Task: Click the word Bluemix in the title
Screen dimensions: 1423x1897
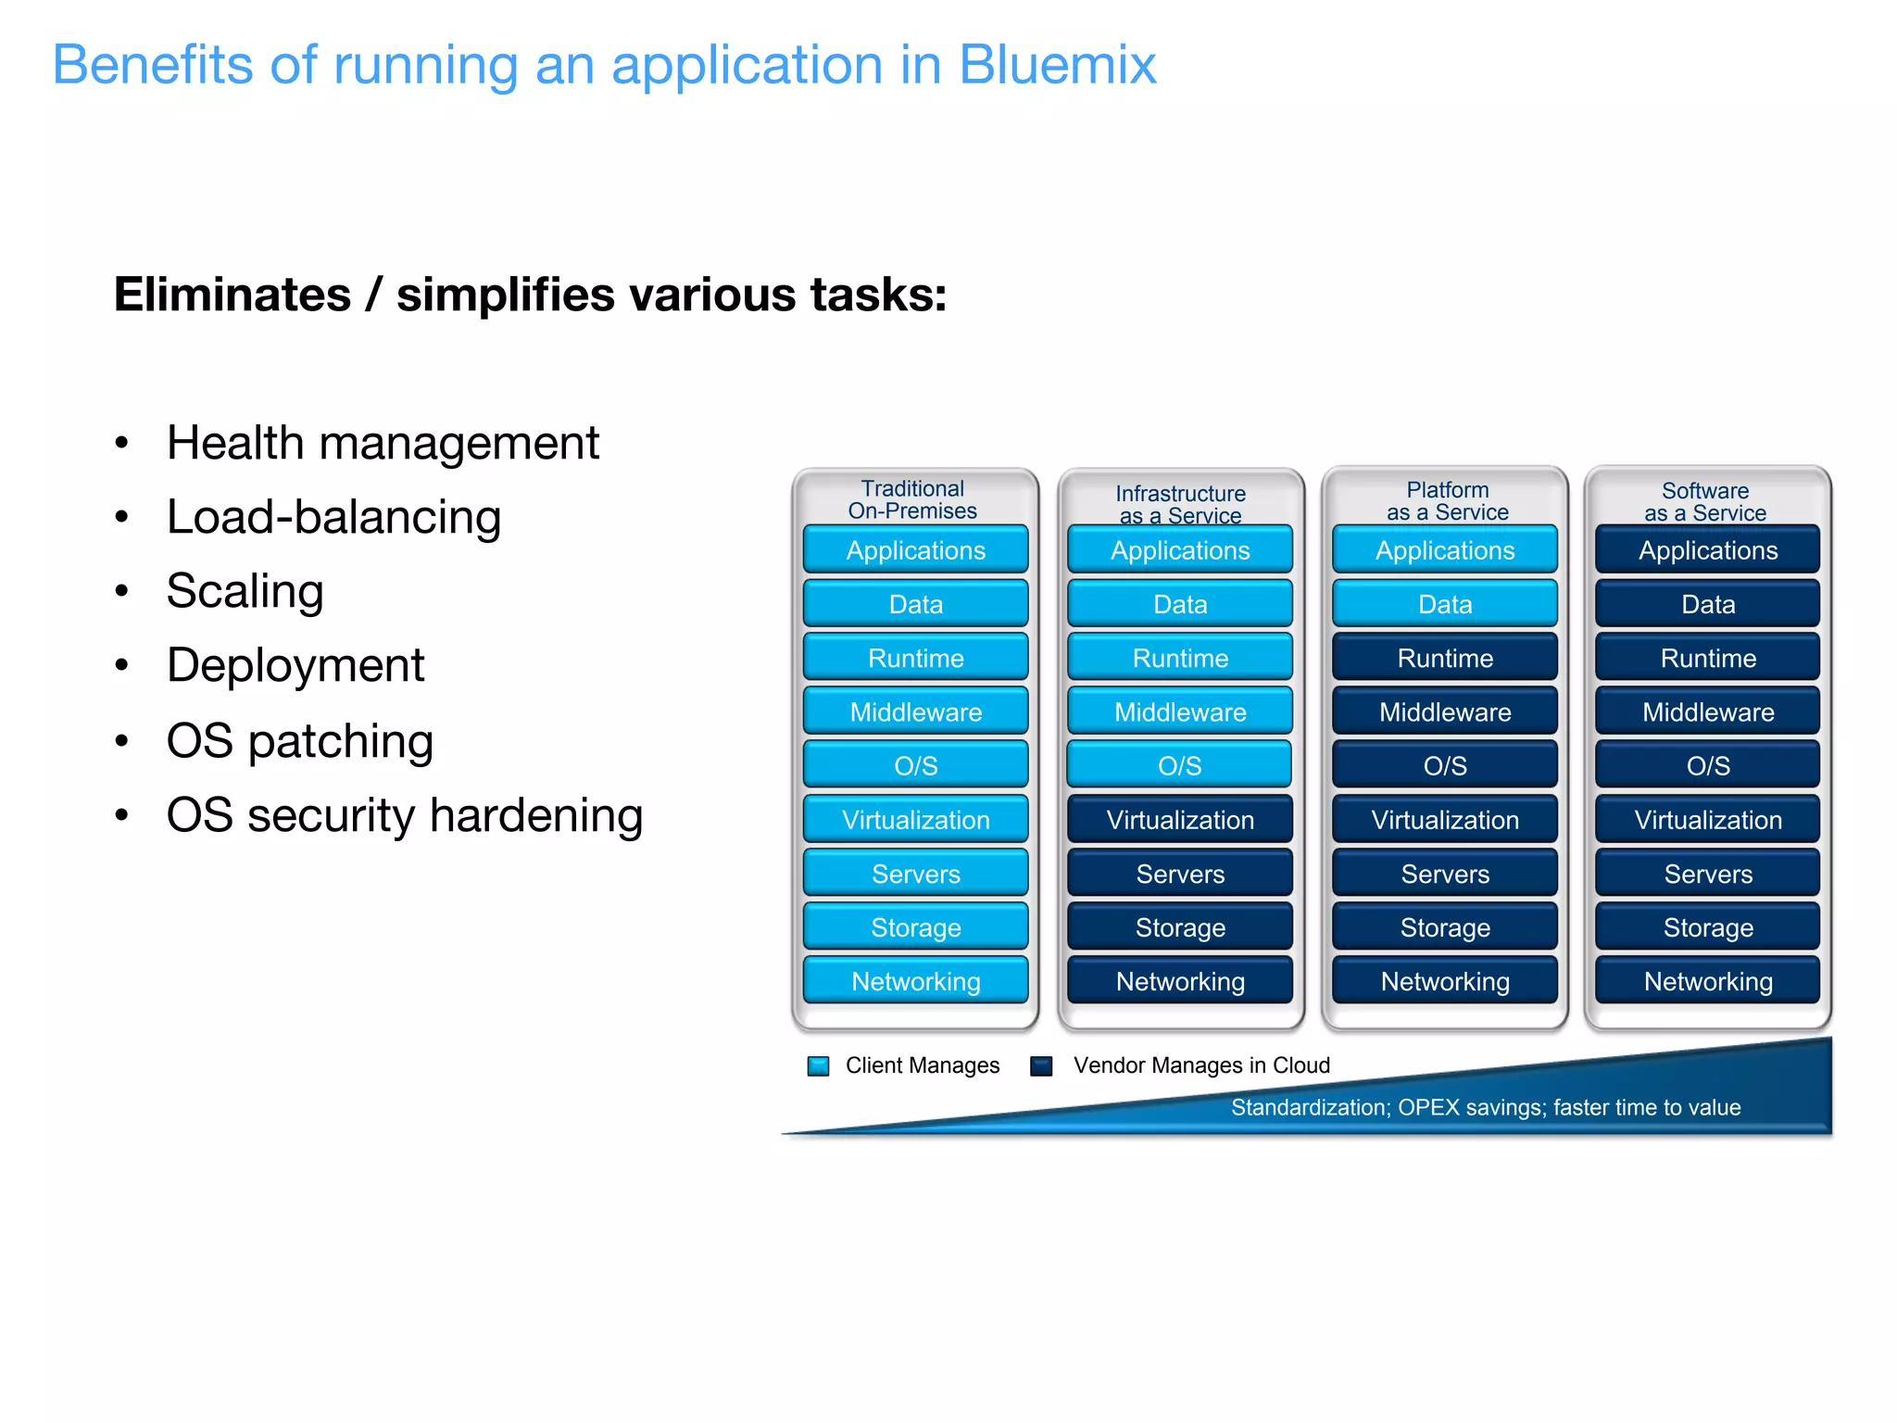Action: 1057,65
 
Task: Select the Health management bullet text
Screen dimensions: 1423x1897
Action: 383,443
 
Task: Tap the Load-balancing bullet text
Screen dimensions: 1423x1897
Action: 333,517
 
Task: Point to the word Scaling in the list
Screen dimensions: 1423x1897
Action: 245,591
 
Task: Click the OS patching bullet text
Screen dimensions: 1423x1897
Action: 299,741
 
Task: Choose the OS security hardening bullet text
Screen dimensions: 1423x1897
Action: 404,815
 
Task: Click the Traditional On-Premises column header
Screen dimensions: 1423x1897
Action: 912,499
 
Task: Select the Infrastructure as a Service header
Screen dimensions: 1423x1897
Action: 1180,504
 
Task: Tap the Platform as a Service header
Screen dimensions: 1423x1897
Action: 1447,501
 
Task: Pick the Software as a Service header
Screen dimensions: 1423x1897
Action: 1705,501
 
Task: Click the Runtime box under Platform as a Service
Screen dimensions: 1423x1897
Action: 1445,658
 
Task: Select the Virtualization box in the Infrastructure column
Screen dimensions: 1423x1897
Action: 1180,820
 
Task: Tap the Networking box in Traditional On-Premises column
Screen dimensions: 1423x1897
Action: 915,981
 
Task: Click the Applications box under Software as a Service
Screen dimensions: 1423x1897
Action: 1708,550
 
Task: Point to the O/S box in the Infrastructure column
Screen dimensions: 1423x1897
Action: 1179,765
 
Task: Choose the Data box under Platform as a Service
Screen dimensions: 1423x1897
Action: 1445,604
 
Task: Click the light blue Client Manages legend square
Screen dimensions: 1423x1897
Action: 818,1066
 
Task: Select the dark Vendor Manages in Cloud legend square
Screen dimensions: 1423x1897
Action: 1041,1066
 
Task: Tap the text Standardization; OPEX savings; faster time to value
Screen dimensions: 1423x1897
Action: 1486,1107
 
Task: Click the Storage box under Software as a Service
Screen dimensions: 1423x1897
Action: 1708,927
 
